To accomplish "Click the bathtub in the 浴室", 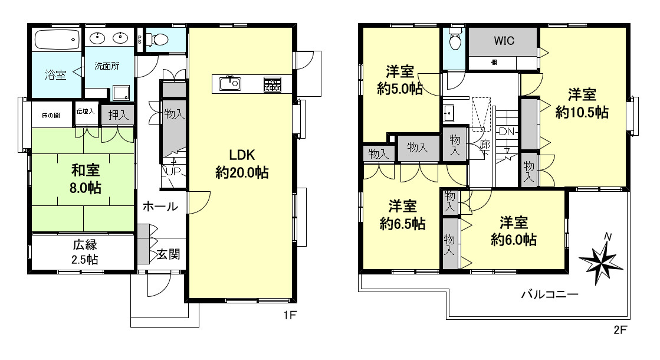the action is pos(57,40).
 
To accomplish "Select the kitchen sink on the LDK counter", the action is pos(230,83).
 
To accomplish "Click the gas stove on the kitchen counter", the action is pos(272,84).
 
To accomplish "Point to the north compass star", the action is pos(600,258).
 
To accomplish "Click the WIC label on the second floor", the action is pos(504,41).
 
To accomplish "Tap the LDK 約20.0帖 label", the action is pos(242,164).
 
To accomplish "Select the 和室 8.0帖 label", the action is pos(86,179).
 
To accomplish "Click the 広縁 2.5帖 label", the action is pos(85,252).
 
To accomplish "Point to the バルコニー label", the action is pos(550,294).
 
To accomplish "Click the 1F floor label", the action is pos(290,315).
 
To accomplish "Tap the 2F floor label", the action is pos(620,330).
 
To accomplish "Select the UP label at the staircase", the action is pos(173,172).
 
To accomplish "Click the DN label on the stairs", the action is pos(507,132).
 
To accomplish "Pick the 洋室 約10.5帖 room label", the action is pos(582,104).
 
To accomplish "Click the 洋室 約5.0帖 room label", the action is pos(400,80).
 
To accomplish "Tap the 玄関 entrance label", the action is pos(168,254).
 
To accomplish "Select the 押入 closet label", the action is pos(118,115).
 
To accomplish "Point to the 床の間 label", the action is pos(51,115).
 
